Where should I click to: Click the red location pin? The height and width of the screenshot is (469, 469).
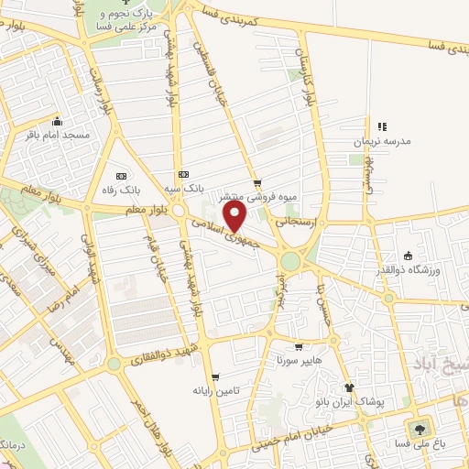click(x=235, y=216)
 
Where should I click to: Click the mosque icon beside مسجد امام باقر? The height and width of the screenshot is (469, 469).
click(x=58, y=121)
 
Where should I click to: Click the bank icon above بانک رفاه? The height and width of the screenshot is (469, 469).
click(x=121, y=176)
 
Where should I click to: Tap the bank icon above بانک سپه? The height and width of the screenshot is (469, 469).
click(x=183, y=174)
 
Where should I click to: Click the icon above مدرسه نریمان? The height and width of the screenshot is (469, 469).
click(x=383, y=126)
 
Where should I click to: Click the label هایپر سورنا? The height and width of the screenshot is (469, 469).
click(x=296, y=361)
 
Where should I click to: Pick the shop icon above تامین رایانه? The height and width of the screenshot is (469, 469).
click(x=215, y=377)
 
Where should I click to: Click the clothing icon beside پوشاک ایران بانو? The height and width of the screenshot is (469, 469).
click(x=349, y=388)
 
